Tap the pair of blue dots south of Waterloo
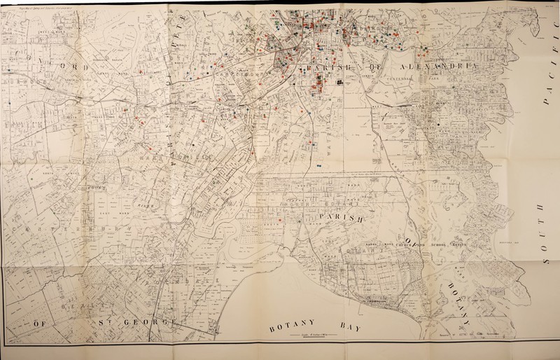319,165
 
